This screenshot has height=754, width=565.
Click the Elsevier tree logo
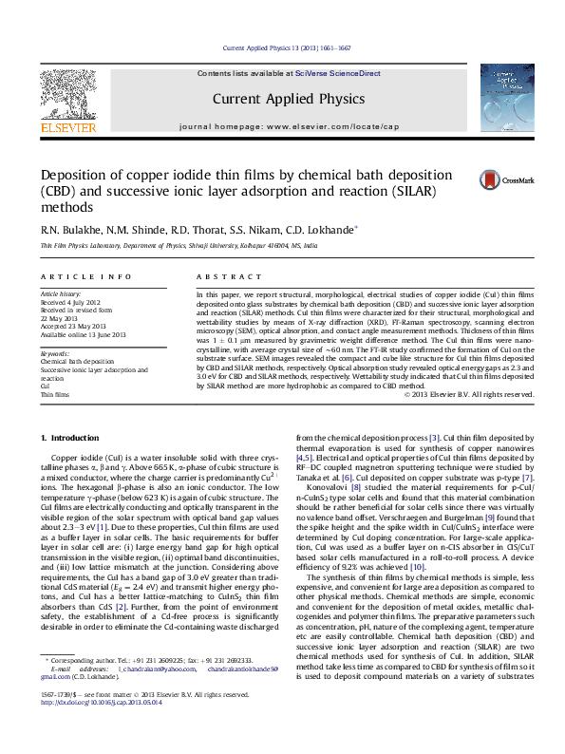pyautogui.click(x=67, y=97)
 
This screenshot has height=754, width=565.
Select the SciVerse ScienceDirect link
pyautogui.click(x=338, y=73)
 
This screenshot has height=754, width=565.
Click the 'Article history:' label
pyautogui.click(x=62, y=295)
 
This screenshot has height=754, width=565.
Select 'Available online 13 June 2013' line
pyautogui.click(x=85, y=333)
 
